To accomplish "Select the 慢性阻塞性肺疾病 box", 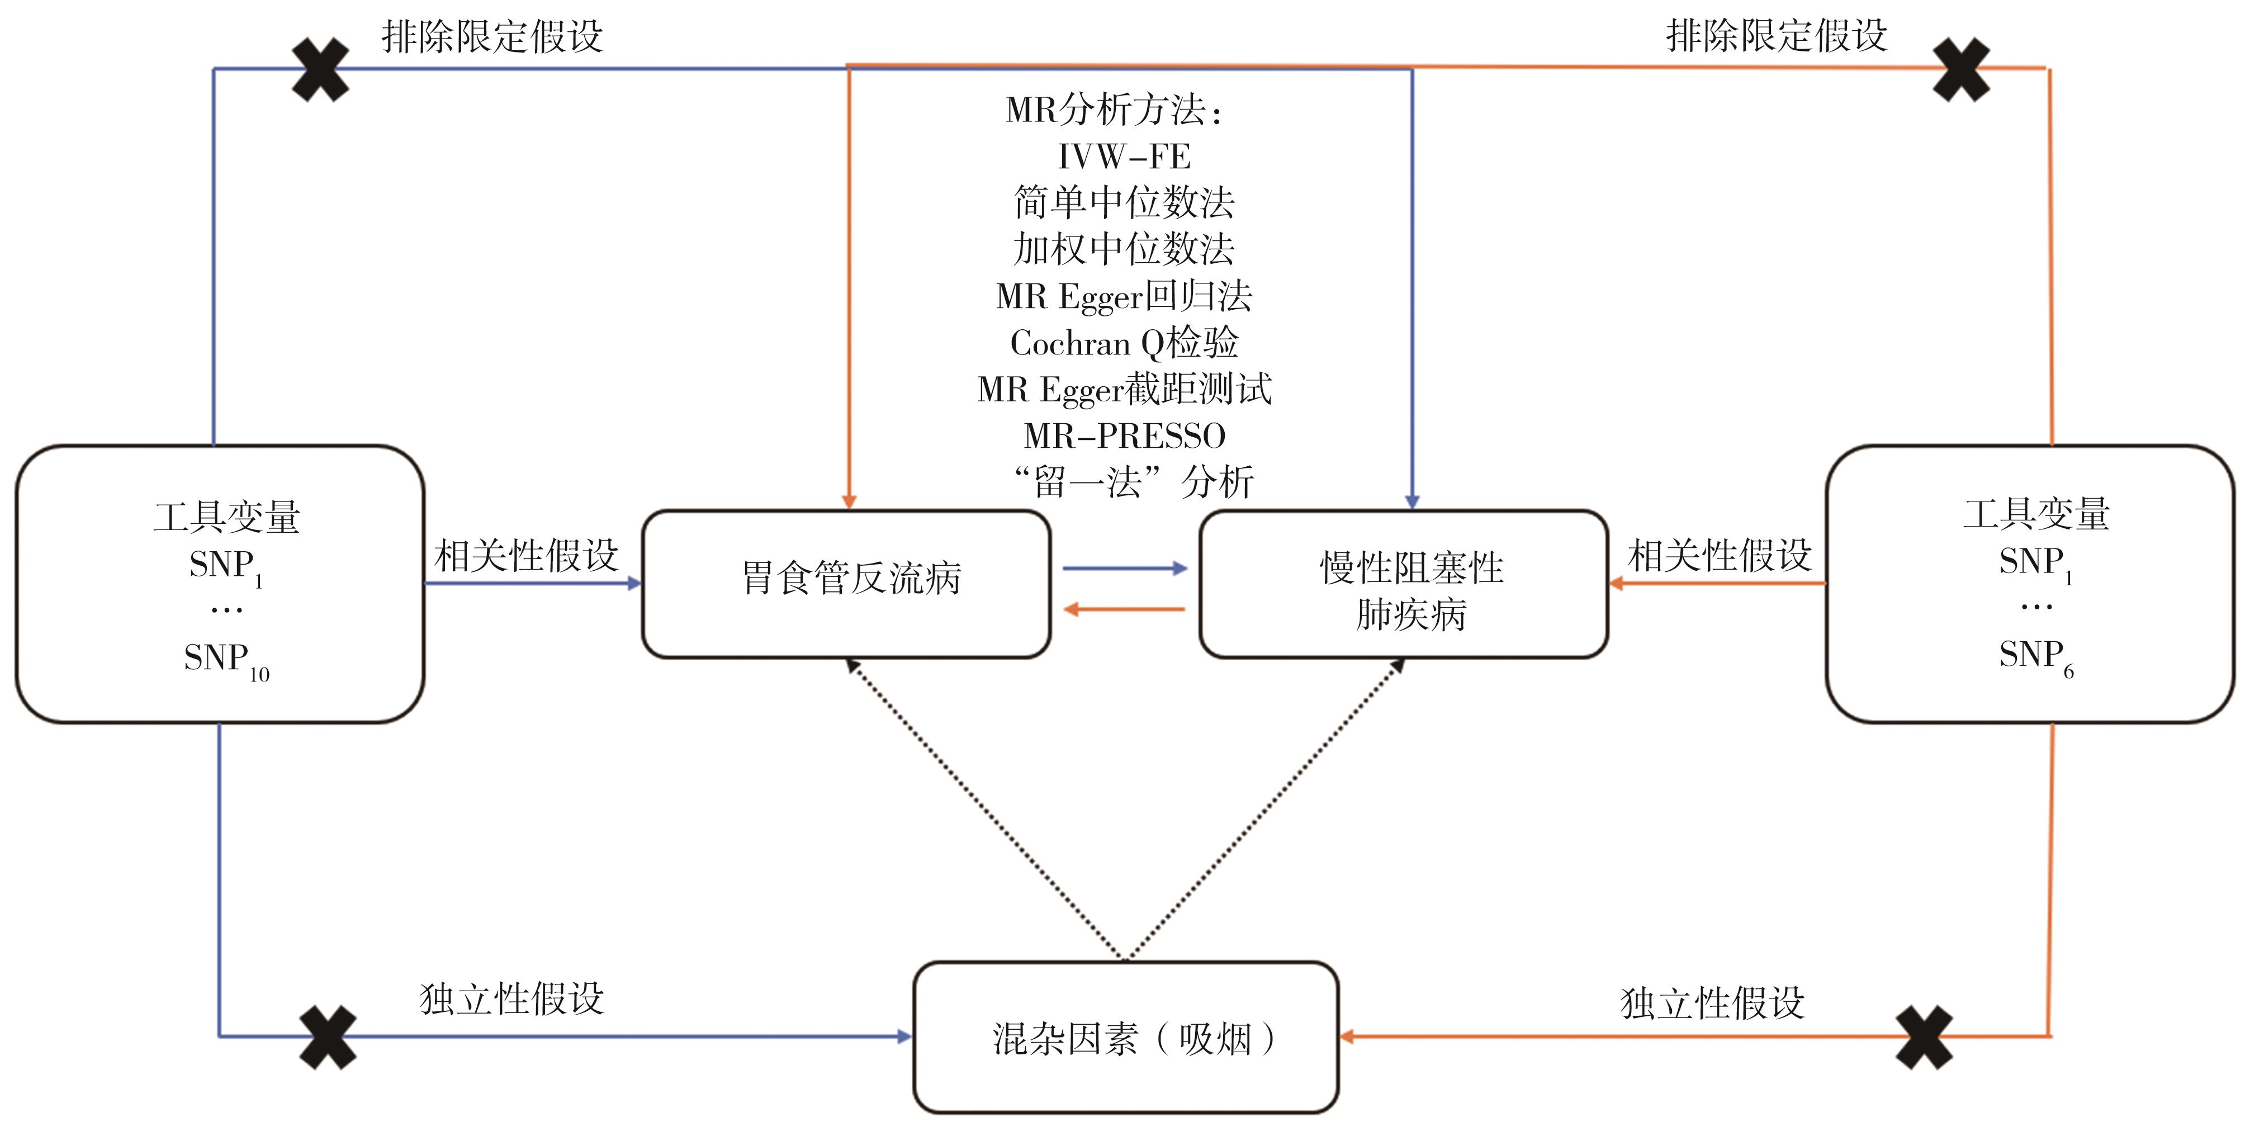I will coord(1403,584).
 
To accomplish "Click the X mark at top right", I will coord(1961,70).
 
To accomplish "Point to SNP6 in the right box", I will coord(2035,656).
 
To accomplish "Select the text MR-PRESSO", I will coord(1124,435).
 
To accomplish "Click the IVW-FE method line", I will coord(1124,157).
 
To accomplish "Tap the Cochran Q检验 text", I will coord(1124,343).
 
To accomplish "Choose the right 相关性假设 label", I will coord(1720,555).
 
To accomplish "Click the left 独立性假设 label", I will coord(511,999).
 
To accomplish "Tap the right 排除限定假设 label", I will coord(1776,36).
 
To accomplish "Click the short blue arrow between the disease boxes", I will coord(1124,569).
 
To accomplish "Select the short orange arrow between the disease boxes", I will coord(1124,609).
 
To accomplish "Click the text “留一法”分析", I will coord(1133,482).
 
